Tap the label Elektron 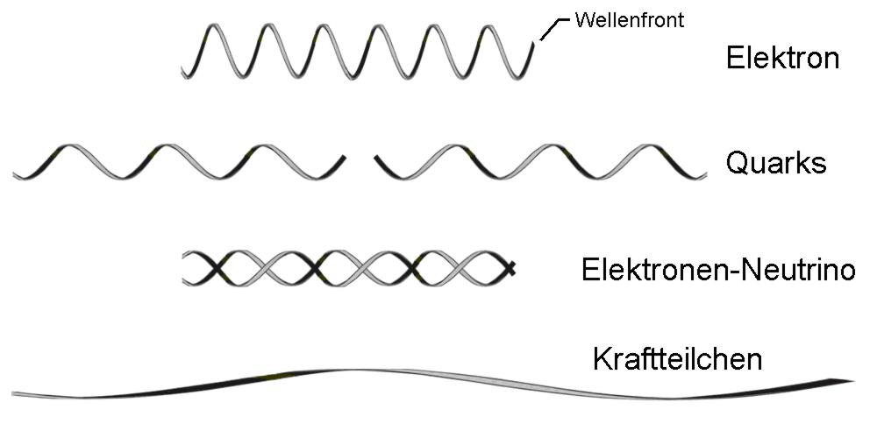tap(782, 59)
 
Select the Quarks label tap(776, 162)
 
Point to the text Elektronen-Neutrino tap(717, 269)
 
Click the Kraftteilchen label tap(677, 359)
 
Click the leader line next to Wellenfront tap(549, 29)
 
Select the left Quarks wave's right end tap(343, 159)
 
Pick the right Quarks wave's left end tap(377, 159)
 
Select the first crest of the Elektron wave tap(213, 25)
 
